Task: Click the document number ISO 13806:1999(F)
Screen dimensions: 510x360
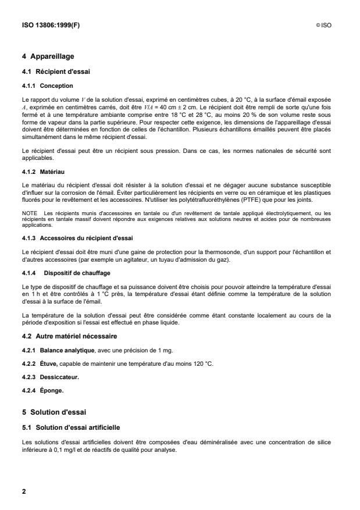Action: tap(48, 25)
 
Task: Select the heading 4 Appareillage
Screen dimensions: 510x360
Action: tap(50, 56)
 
